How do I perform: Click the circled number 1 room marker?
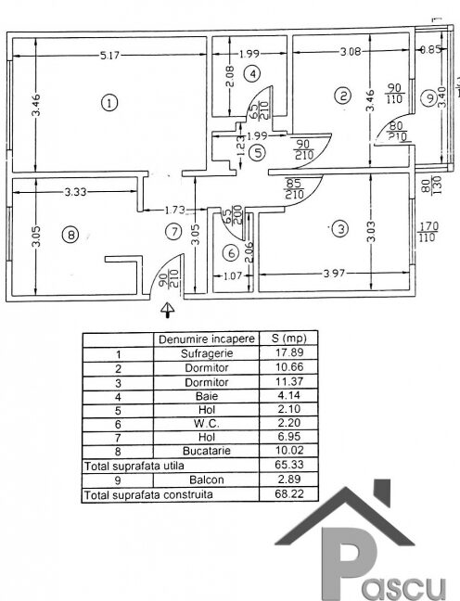point(109,103)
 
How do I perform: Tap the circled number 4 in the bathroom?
point(252,73)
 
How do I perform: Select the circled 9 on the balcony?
point(429,98)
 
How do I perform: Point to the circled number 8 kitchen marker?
point(70,235)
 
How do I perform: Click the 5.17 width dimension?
point(109,56)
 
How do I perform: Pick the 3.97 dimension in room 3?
point(334,274)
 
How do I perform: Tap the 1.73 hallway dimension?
point(174,210)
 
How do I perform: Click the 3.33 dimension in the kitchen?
point(75,192)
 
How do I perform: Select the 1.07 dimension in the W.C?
point(233,275)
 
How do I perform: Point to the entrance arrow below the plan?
point(168,310)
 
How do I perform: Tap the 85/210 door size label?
point(294,188)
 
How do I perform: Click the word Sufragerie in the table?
point(207,353)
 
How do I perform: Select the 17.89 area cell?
point(289,352)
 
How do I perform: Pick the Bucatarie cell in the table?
point(207,451)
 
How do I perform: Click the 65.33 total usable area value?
point(289,465)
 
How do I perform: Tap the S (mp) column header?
point(289,339)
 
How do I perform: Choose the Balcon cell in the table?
point(207,480)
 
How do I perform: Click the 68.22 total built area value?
point(289,493)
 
